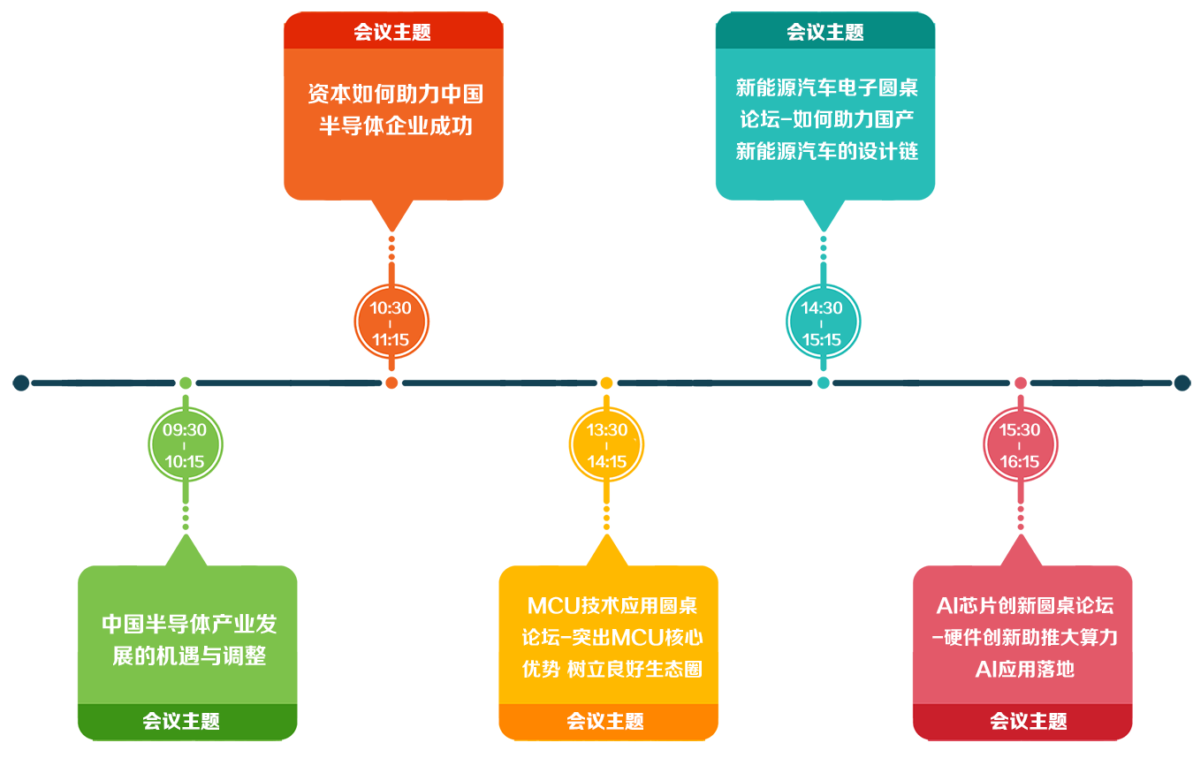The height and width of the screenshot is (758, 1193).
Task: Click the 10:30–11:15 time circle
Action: tap(391, 323)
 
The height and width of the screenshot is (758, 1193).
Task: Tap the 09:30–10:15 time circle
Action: tap(185, 445)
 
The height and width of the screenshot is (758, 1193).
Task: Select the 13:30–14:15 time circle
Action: tap(606, 445)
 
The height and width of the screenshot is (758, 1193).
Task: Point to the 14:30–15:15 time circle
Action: tap(822, 323)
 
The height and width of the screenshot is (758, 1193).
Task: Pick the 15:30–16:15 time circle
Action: tap(1020, 445)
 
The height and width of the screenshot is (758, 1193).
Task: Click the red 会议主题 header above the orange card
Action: tap(392, 33)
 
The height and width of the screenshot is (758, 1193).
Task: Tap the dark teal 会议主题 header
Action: tap(825, 33)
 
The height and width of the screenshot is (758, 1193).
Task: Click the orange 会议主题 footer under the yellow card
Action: tap(608, 722)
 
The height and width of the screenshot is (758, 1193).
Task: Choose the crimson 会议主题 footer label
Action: tap(1022, 722)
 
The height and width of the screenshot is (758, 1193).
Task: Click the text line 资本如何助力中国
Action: tap(395, 94)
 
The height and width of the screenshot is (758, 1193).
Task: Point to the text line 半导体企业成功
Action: tap(395, 125)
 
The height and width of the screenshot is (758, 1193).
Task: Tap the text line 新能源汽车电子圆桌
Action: tap(826, 87)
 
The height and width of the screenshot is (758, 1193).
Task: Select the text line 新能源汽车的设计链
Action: tap(826, 151)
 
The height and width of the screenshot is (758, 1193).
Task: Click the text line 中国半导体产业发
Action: tap(189, 625)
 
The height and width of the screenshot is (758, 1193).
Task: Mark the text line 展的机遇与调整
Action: tap(189, 656)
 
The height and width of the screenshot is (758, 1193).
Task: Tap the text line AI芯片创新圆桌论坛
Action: tap(1024, 606)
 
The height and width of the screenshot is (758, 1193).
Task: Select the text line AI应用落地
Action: tap(1024, 669)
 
